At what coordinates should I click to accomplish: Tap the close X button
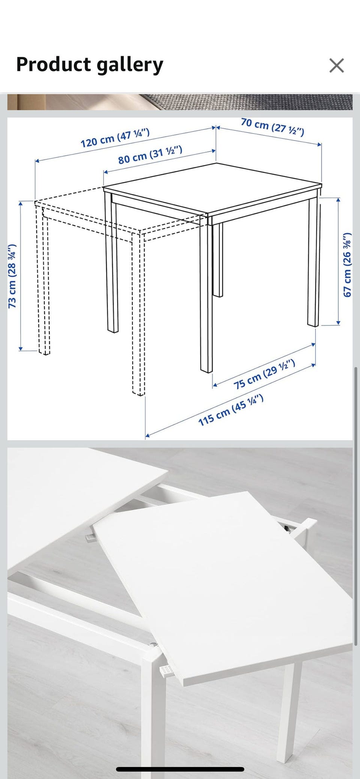pos(336,65)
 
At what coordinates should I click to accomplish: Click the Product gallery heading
pos(90,64)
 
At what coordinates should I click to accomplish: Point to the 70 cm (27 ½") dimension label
pos(273,127)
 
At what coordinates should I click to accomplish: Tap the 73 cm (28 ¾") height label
pos(12,276)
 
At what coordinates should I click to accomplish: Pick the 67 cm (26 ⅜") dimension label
pos(348,265)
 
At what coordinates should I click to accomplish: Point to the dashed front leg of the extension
pos(138,315)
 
